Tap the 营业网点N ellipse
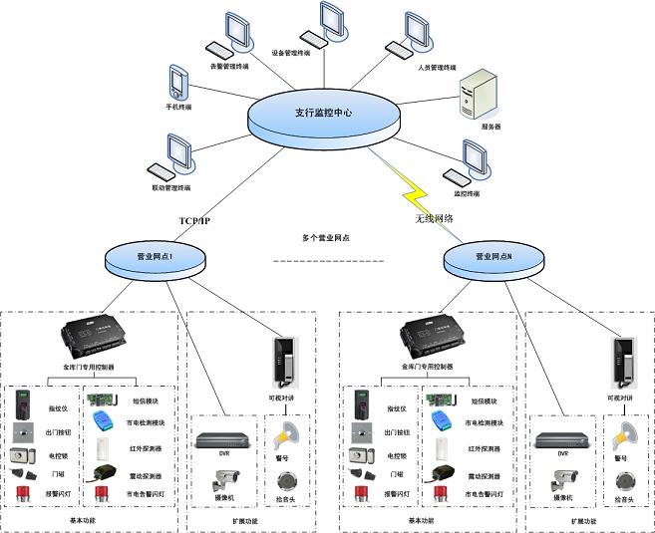tap(496, 258)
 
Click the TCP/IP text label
tap(194, 220)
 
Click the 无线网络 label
tap(435, 217)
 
